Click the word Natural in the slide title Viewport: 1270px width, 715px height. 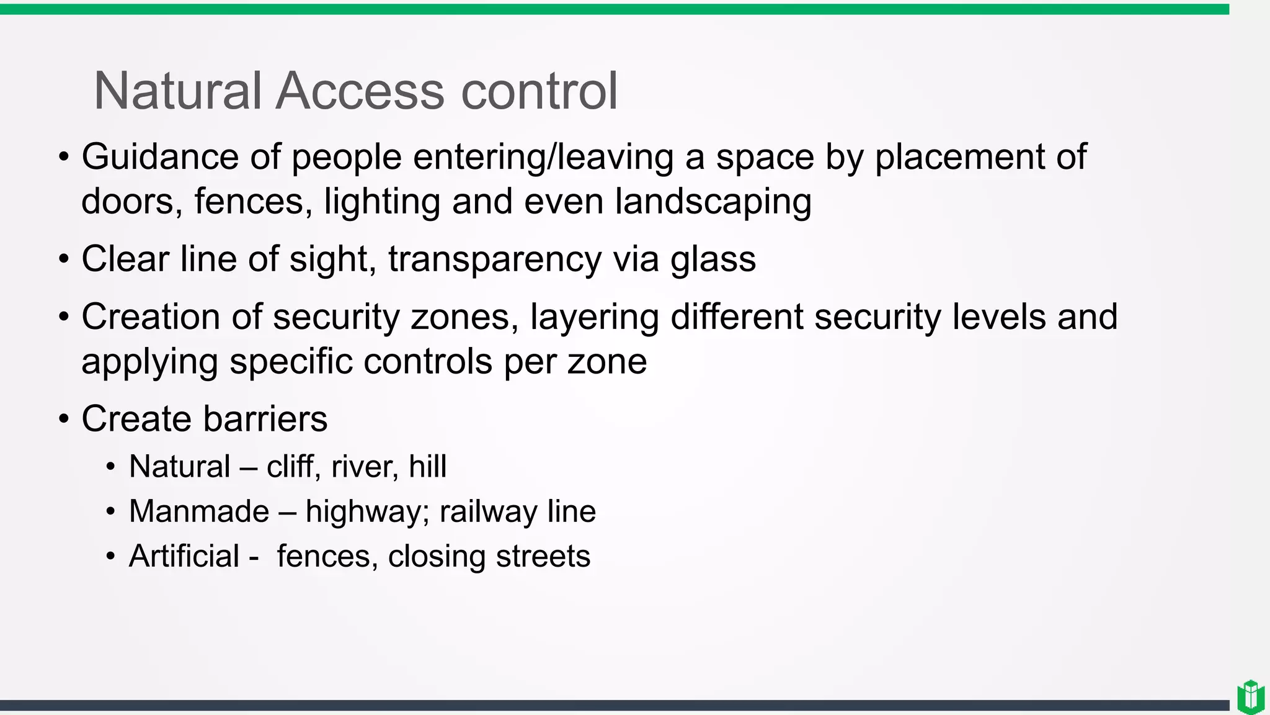point(178,91)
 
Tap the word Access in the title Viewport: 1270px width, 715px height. point(360,91)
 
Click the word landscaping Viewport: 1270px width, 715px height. point(713,202)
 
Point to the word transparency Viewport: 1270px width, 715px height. point(495,259)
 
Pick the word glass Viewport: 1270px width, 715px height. point(713,259)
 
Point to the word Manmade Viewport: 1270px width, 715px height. point(199,511)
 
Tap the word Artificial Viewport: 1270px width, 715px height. point(184,556)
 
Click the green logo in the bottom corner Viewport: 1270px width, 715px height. point(1251,697)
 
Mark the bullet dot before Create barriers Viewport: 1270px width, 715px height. point(64,420)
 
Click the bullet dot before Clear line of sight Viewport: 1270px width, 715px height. point(64,259)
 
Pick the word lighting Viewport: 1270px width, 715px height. point(382,202)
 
